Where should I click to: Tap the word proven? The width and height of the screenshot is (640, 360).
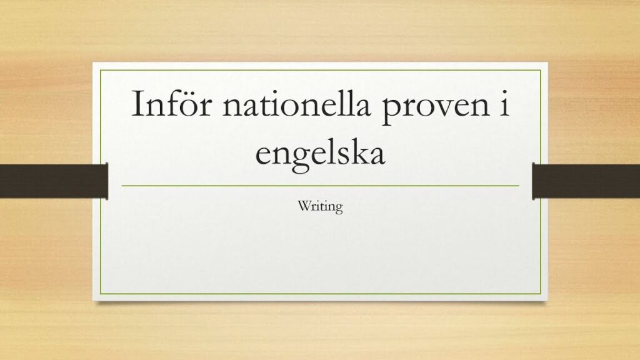436,108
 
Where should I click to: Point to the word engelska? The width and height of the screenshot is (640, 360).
320,156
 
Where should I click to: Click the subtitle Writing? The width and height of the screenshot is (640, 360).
320,206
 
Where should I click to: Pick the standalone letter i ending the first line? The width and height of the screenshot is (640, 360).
505,104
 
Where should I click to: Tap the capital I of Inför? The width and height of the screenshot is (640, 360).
137,104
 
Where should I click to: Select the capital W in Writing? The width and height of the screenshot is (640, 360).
304,206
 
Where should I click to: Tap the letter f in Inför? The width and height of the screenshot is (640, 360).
171,102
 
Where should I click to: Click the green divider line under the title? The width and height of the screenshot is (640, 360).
321,186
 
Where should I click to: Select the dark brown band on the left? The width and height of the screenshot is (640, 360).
54,181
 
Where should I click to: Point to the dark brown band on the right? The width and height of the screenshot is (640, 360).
586,181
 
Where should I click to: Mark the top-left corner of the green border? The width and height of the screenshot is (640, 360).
101,70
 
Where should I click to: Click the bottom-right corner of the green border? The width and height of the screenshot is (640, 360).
541,294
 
